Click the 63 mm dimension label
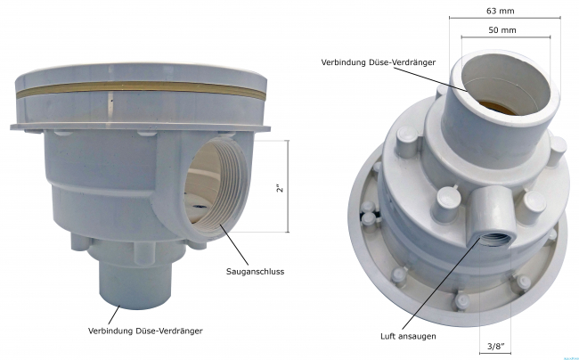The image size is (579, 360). (500, 11)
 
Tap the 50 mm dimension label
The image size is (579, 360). (502, 30)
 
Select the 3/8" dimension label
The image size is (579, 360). (495, 347)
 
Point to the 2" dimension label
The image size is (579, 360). (281, 187)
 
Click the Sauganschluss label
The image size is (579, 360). (255, 272)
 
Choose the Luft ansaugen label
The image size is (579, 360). (408, 336)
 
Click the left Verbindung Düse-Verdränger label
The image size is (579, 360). (145, 331)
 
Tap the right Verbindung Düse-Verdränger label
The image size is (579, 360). (378, 62)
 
